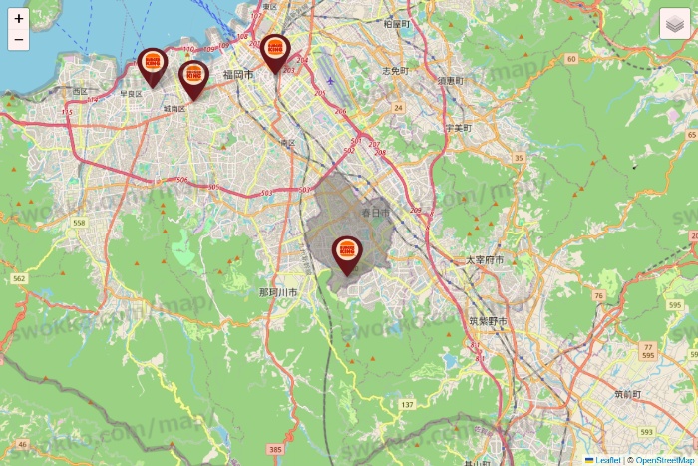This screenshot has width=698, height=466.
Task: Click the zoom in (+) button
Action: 18,18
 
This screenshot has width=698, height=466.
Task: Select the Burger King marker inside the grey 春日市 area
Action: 347,252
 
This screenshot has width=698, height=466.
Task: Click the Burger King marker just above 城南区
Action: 193,76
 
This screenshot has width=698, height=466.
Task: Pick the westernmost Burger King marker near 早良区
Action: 152,65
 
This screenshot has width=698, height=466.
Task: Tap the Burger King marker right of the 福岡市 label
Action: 276,50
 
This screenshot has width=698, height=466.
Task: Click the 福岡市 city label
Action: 239,75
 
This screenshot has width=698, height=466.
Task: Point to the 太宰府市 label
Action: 485,259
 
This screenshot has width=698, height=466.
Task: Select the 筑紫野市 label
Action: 488,321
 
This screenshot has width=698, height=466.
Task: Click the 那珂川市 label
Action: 278,292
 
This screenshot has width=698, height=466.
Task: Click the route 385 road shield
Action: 276,450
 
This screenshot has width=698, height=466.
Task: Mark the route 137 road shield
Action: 407,404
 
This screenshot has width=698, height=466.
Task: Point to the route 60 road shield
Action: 570,59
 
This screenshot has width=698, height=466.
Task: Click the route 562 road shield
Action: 19,279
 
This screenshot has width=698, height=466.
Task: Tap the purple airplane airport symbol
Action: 330,79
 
